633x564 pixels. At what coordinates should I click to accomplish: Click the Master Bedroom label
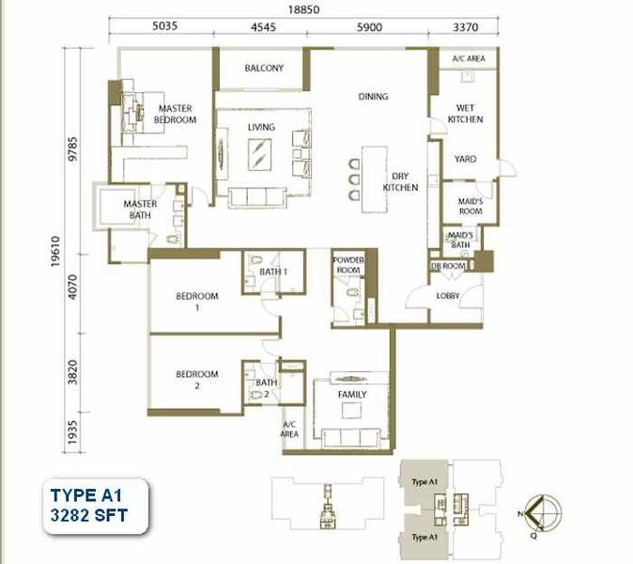[x=176, y=114]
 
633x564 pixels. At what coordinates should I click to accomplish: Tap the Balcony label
[x=264, y=69]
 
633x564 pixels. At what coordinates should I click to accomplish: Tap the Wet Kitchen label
[x=465, y=113]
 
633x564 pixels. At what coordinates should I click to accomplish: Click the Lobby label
[x=449, y=296]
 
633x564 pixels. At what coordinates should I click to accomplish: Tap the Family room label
[x=352, y=394]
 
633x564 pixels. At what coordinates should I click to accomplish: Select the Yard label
[x=465, y=159]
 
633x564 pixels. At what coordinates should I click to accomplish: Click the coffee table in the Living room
[x=259, y=149]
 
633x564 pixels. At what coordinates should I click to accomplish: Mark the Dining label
[x=373, y=96]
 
